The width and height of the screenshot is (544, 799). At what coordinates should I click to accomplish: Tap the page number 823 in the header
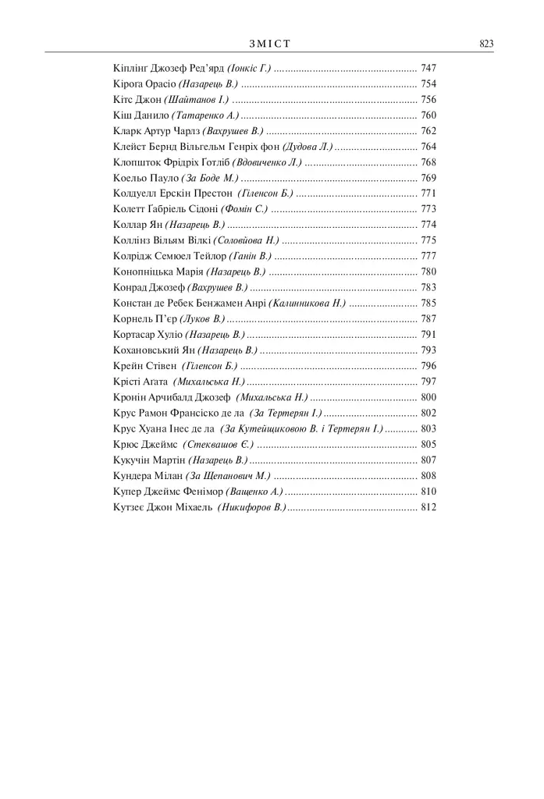(486, 44)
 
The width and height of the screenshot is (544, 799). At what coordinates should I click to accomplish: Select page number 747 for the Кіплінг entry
(428, 69)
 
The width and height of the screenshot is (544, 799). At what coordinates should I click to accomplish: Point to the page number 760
(428, 115)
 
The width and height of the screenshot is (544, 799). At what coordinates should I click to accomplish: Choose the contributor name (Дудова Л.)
(308, 147)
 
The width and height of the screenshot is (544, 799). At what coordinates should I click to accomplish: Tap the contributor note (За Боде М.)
(209, 178)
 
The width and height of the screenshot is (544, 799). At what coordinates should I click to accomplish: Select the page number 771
(428, 194)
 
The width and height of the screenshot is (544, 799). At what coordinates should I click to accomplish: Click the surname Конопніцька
(145, 272)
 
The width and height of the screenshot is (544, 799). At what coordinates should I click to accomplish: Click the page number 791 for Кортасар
(428, 334)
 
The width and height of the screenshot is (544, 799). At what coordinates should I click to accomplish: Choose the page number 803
(428, 428)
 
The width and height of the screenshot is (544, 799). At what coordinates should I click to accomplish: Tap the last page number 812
(428, 507)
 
